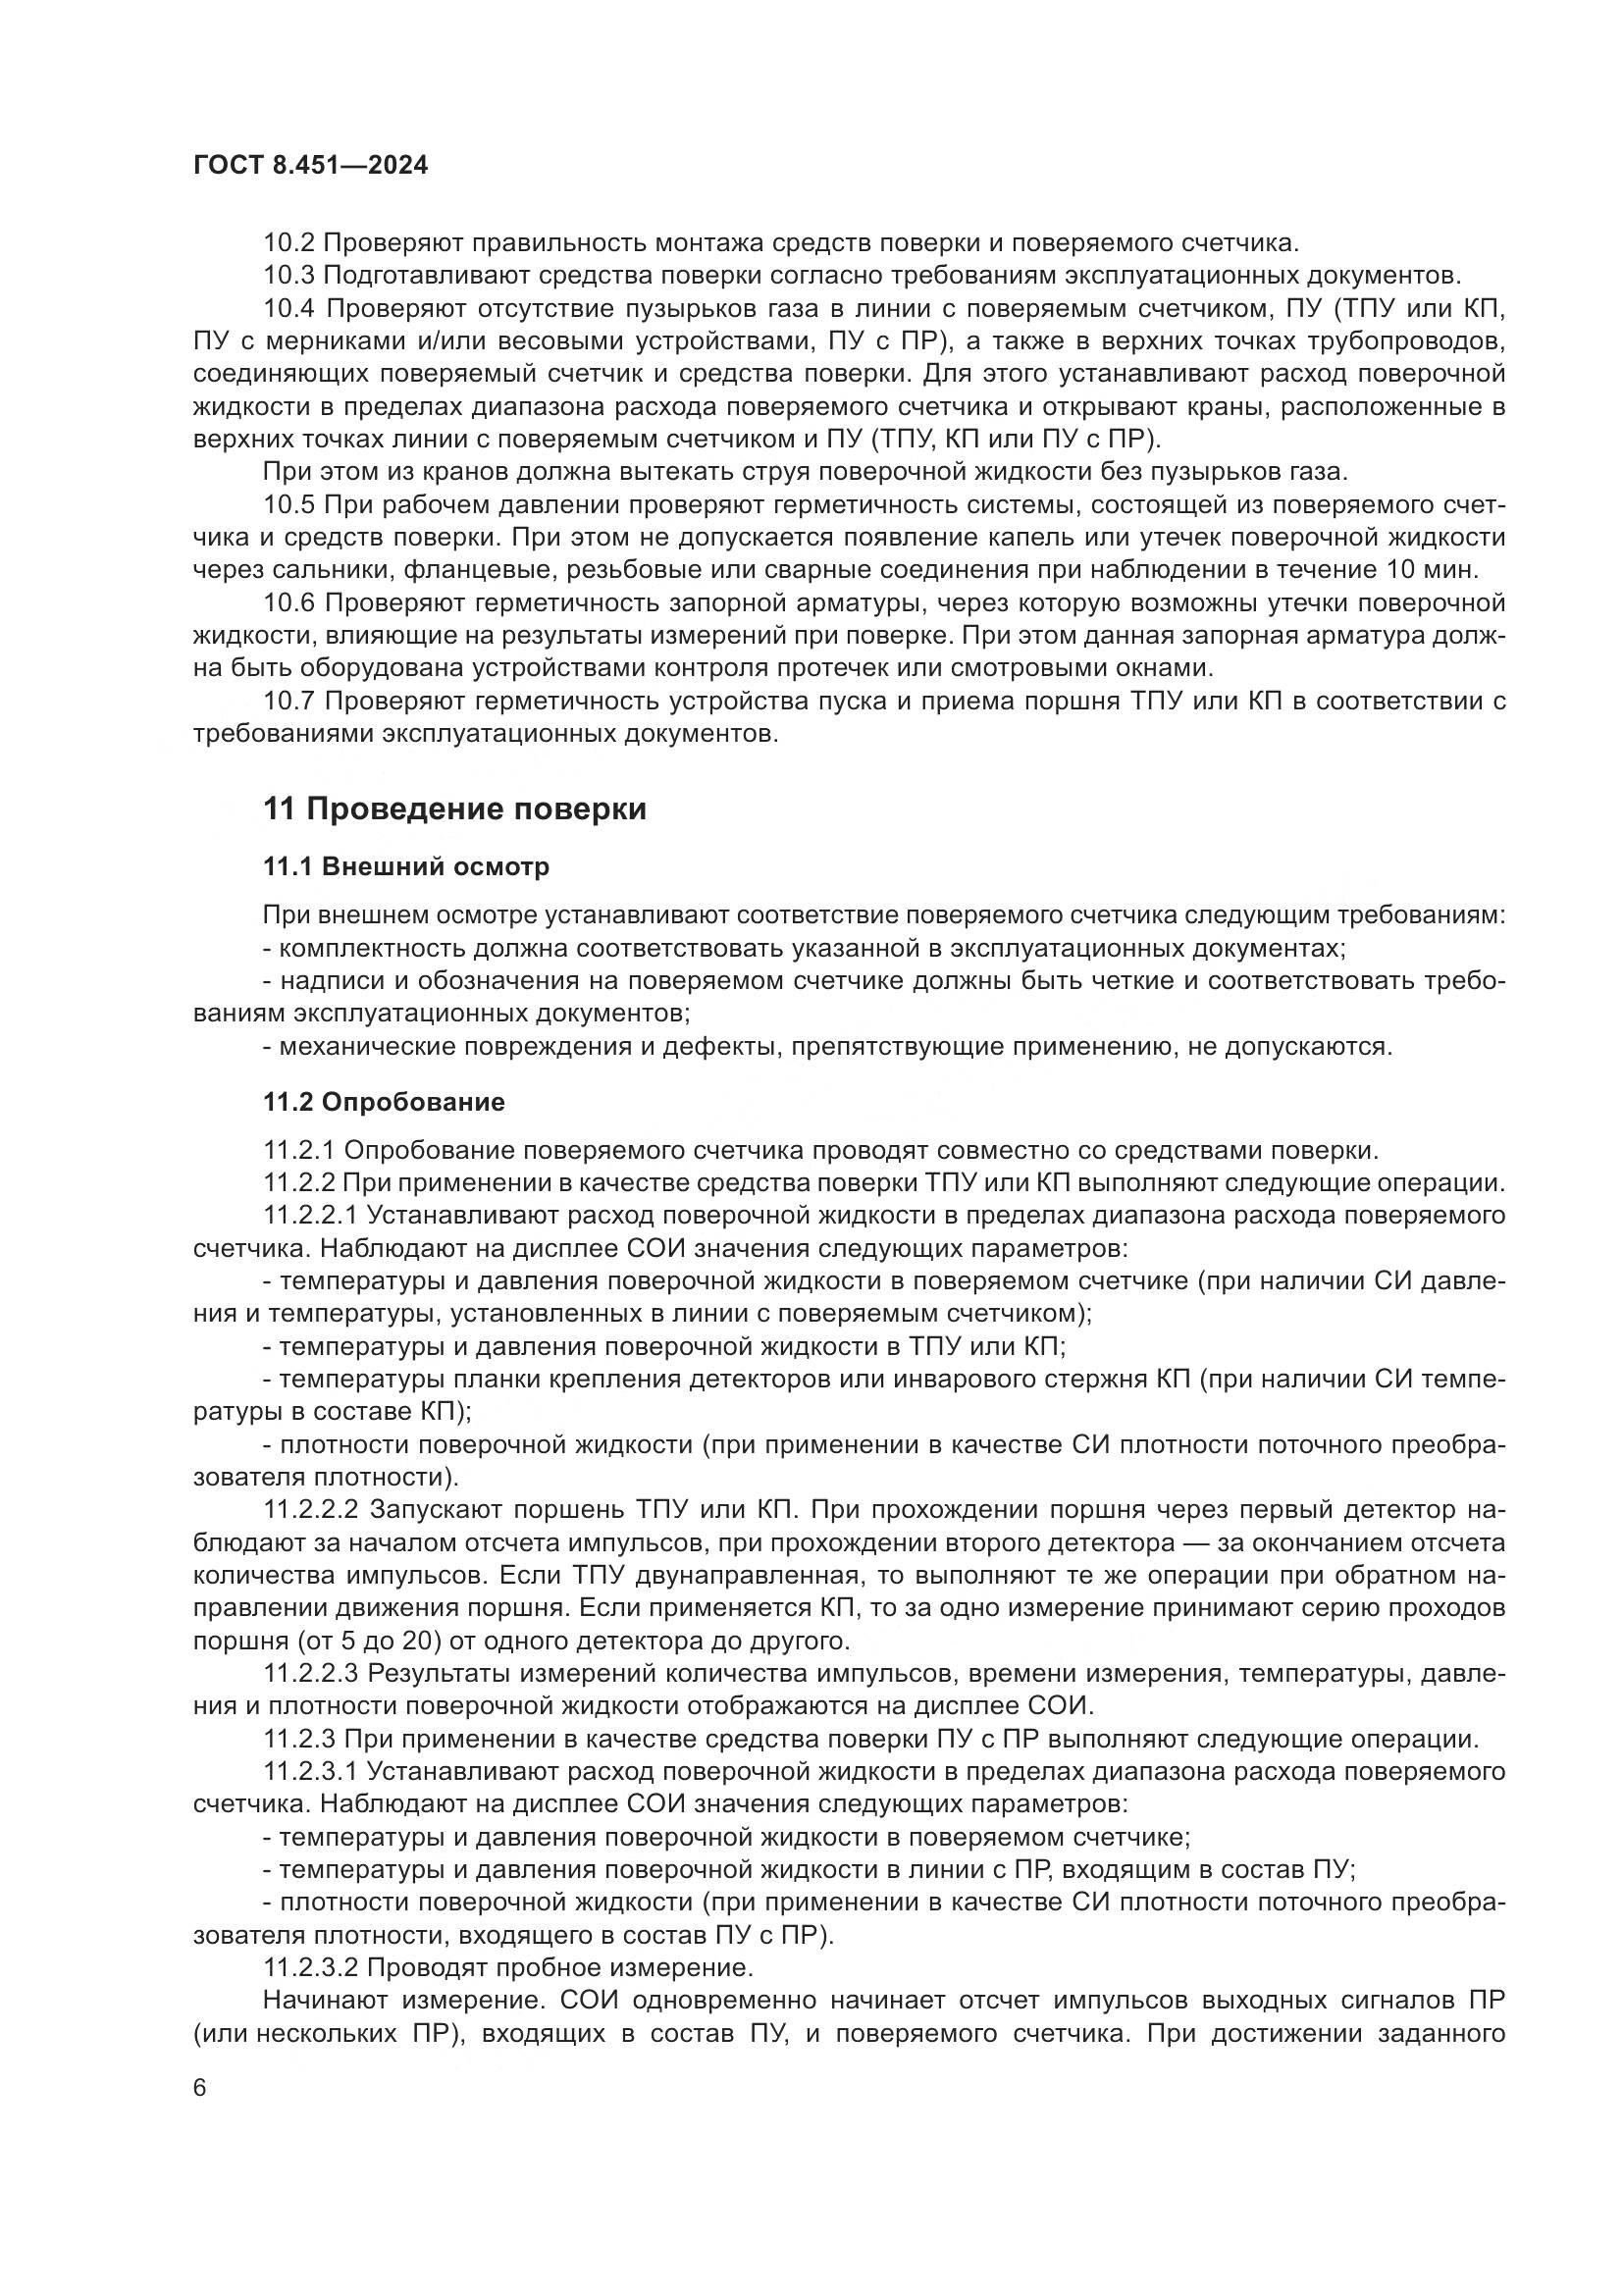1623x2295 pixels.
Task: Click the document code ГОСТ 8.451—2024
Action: click(x=310, y=166)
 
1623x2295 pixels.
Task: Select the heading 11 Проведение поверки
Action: click(x=454, y=808)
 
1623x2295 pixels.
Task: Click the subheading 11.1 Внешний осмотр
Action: click(x=406, y=866)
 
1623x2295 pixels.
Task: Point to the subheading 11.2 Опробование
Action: click(x=384, y=1103)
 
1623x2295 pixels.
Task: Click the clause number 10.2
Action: click(x=288, y=243)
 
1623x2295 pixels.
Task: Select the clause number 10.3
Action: click(x=288, y=276)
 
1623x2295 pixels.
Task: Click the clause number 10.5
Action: click(x=288, y=505)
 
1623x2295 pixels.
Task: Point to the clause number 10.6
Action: click(x=288, y=603)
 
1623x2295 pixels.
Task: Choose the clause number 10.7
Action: click(x=288, y=702)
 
